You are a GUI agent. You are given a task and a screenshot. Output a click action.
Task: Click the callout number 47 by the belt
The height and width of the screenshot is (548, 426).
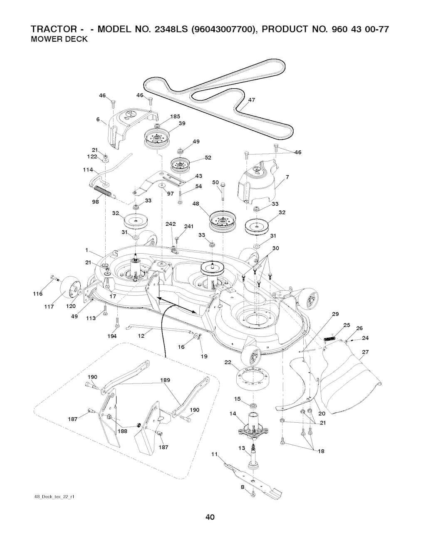(251, 100)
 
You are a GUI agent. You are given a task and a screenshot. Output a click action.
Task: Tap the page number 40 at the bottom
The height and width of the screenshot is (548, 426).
(210, 517)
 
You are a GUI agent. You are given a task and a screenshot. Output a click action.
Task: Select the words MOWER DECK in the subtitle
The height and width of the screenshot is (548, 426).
(59, 39)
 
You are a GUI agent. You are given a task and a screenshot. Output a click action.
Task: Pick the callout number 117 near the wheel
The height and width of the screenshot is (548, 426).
(49, 306)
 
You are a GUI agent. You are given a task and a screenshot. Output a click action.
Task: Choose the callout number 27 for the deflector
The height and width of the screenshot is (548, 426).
(365, 352)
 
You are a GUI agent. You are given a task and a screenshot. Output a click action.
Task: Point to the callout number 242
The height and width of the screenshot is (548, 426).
(171, 224)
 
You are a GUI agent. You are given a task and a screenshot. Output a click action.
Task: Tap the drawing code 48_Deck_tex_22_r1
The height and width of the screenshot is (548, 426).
(54, 496)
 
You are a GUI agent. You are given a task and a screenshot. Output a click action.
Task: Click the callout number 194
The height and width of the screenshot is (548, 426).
(112, 336)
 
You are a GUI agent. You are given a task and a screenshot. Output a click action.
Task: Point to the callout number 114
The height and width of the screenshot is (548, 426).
(88, 170)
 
